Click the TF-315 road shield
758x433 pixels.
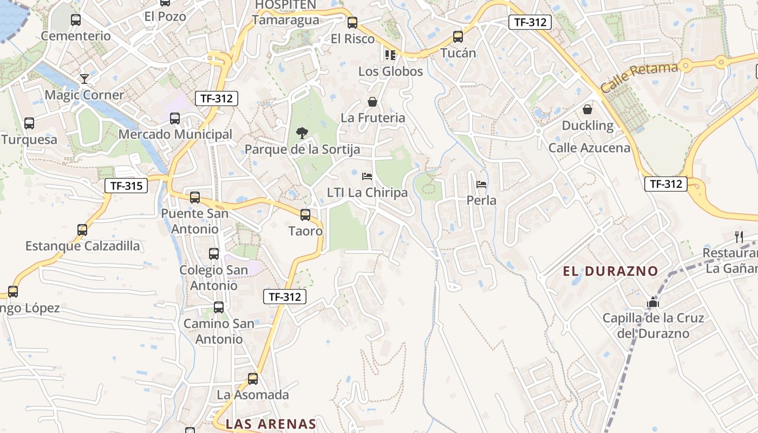126,186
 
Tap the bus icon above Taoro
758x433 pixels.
305,215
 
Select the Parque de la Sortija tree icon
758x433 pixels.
302,133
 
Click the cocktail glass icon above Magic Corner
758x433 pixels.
84,79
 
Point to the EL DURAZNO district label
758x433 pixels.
610,271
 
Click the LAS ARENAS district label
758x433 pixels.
271,424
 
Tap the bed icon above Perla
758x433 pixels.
481,185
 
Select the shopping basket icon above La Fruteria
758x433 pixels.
373,101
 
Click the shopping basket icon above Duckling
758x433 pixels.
587,109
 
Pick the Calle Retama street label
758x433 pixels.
639,77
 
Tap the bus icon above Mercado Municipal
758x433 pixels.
175,119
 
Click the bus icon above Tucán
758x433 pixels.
458,37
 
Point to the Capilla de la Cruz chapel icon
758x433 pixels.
653,302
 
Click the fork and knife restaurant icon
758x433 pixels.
739,237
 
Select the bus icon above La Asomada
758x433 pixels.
253,379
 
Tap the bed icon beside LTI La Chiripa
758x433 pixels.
367,176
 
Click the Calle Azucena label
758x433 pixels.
589,148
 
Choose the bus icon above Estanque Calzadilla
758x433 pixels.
82,230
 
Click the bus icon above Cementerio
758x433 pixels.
76,20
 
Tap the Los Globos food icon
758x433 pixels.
390,55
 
